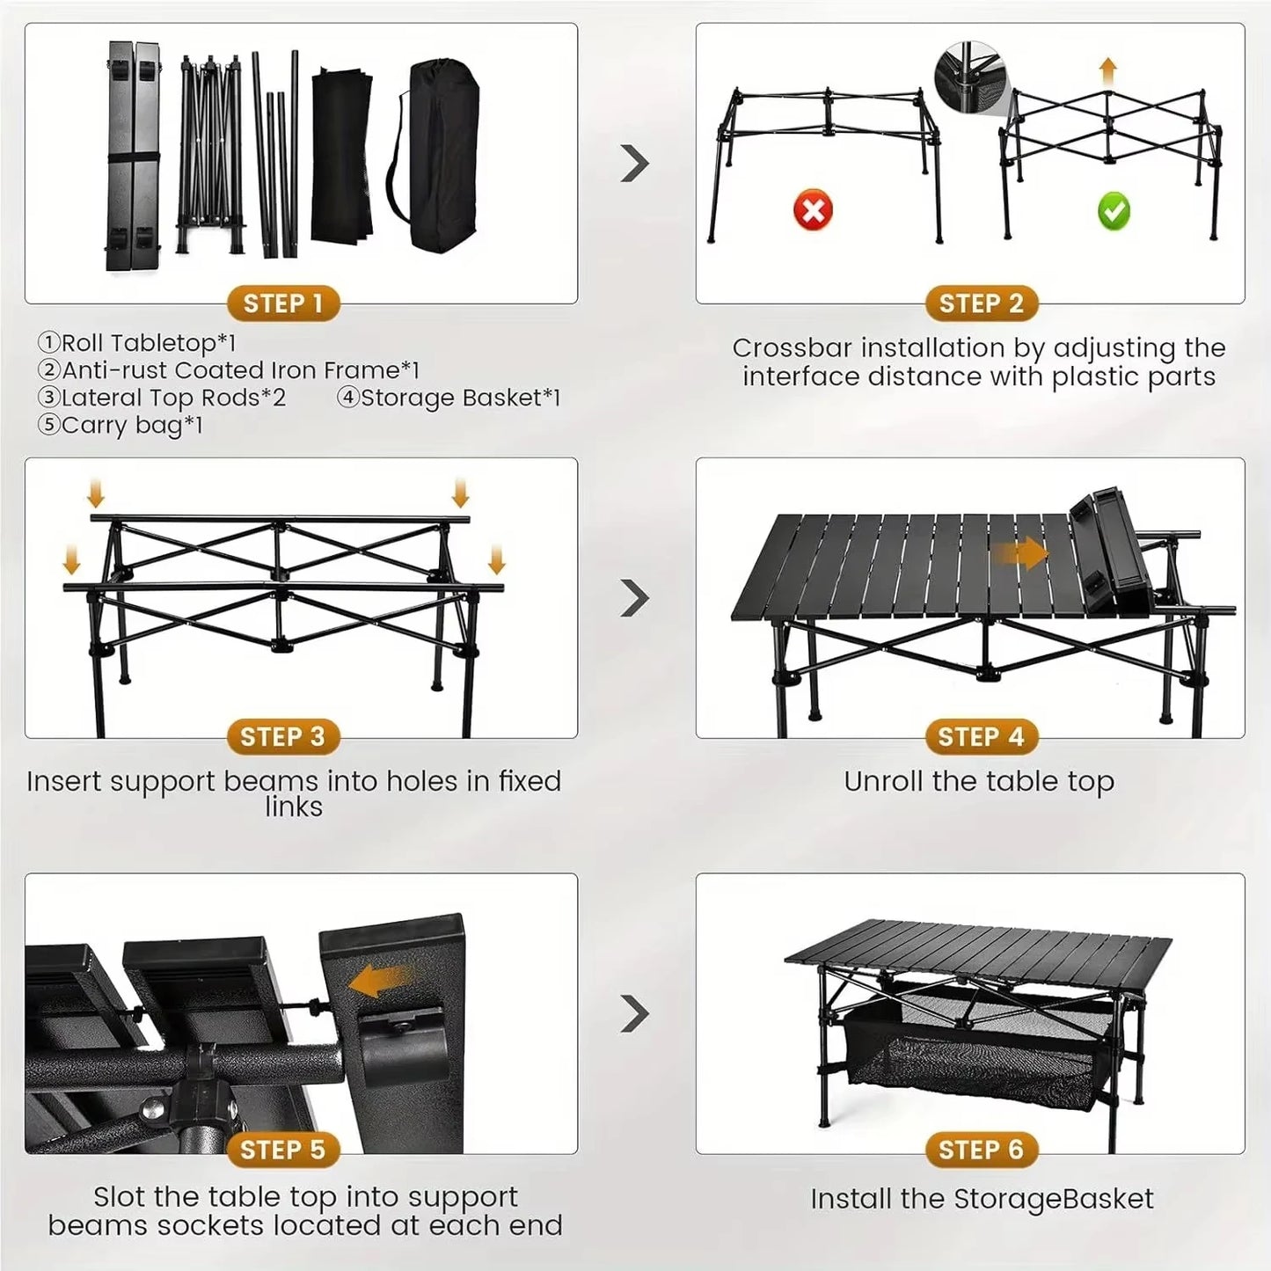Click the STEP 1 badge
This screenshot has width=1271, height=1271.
(x=283, y=304)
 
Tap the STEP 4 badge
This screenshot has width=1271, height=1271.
(x=981, y=737)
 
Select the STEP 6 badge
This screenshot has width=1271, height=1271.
(x=981, y=1150)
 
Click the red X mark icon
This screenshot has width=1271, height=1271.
(x=813, y=211)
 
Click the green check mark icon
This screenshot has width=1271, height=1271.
(x=1114, y=211)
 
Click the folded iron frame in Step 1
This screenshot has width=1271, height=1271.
(x=211, y=154)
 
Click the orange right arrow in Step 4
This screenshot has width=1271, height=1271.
(x=1020, y=554)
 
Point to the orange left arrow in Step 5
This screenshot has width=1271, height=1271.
(x=377, y=980)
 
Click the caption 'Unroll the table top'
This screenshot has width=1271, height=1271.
(x=979, y=782)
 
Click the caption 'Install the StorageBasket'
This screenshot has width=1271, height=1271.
(x=982, y=1199)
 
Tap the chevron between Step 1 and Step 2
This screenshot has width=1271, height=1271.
(x=634, y=164)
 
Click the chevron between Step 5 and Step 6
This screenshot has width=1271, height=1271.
(x=634, y=1014)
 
